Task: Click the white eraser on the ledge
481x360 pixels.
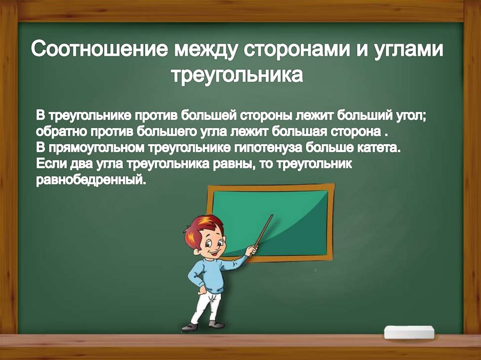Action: point(409,332)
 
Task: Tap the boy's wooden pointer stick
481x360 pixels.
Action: point(263,231)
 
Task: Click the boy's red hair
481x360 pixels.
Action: point(200,227)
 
